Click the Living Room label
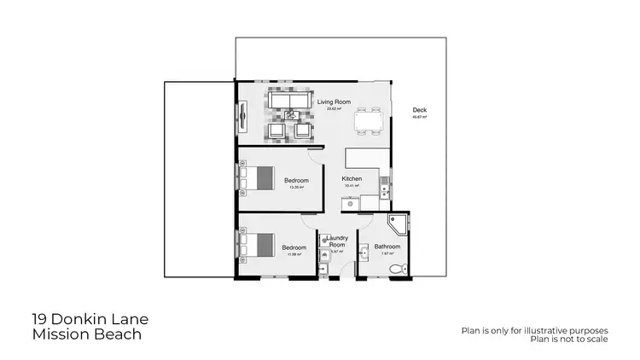[x=335, y=102]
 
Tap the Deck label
[x=419, y=110]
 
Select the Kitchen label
[x=352, y=178]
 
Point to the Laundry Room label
[x=336, y=241]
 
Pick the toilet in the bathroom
[x=397, y=269]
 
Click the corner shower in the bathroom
[x=398, y=224]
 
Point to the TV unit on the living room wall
[x=242, y=114]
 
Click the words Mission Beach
[x=86, y=334]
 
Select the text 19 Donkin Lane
[x=90, y=319]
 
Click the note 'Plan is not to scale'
[x=569, y=339]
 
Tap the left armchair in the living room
[x=276, y=131]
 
